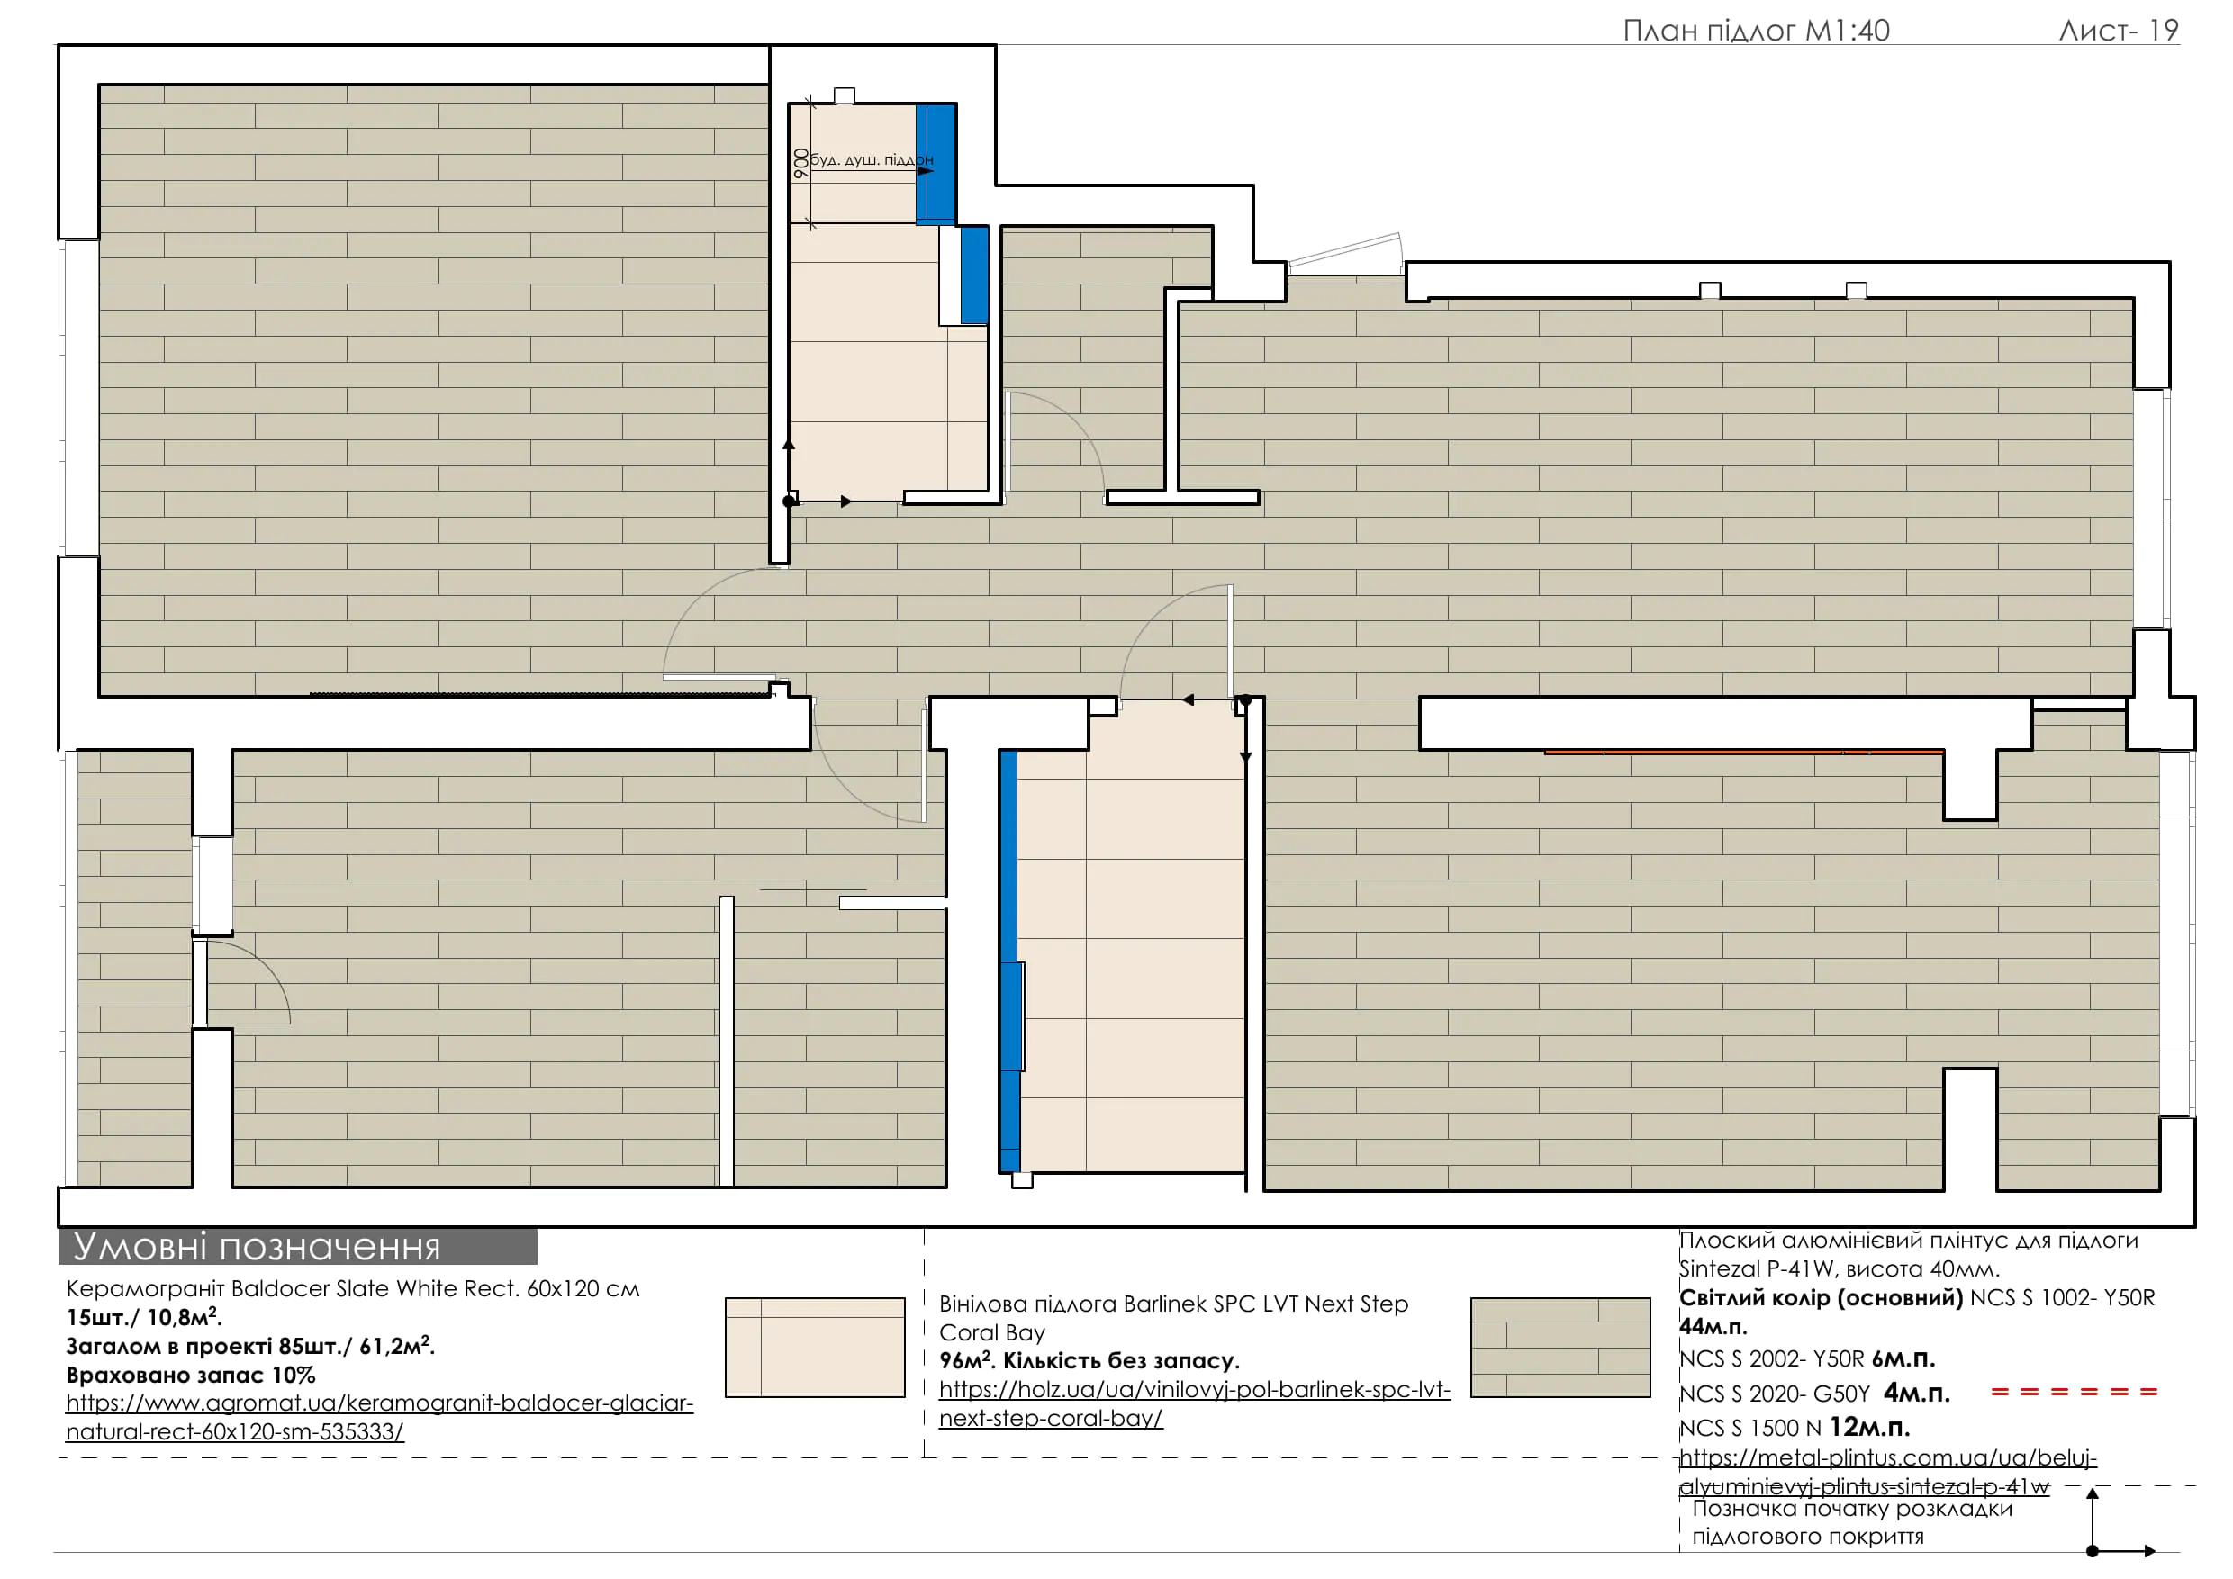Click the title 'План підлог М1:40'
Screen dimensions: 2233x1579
1757,32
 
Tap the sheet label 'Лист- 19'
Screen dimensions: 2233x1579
2119,32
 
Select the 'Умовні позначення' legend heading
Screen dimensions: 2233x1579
257,1247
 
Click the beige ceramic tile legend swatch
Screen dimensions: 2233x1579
815,1348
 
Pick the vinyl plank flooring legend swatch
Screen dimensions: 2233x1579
1560,1348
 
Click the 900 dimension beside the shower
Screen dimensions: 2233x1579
800,162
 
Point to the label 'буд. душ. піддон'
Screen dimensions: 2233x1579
872,159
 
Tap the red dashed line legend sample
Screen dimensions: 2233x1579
2075,1393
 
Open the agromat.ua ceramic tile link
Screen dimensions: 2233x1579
379,1418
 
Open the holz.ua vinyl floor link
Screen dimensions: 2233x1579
1194,1404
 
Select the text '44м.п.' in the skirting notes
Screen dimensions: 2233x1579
1713,1326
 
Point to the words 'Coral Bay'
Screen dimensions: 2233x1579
992,1332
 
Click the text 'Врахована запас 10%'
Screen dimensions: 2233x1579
191,1375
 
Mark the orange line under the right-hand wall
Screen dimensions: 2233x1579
1744,752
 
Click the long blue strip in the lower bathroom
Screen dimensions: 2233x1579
1009,961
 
